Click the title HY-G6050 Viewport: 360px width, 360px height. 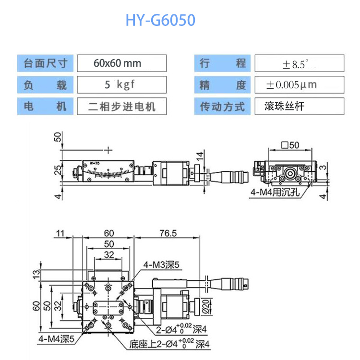[160, 21]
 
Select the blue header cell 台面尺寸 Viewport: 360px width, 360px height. [46, 63]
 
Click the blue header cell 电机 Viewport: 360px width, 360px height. [46, 106]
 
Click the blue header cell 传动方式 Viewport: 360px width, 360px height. [223, 106]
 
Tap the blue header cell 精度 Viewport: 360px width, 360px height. [223, 85]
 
